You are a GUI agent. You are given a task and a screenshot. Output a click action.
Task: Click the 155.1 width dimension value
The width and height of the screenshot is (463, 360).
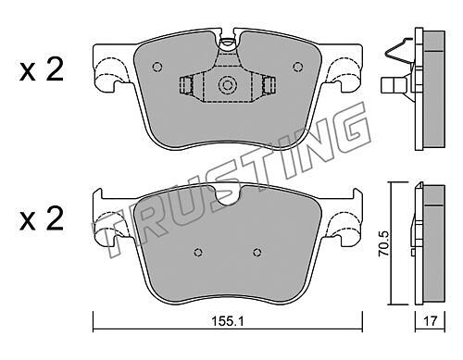click(x=228, y=321)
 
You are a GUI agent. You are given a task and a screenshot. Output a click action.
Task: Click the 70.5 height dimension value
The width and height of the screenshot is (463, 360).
click(x=384, y=244)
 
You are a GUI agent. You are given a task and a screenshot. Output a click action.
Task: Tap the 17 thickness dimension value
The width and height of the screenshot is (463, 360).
click(x=430, y=321)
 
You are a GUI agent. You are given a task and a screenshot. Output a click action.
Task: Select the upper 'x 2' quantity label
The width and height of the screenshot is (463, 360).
click(x=42, y=69)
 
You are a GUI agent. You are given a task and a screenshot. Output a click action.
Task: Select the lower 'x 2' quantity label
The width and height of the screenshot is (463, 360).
click(x=42, y=218)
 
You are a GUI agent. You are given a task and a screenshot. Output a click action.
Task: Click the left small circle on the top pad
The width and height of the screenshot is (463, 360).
click(x=157, y=67)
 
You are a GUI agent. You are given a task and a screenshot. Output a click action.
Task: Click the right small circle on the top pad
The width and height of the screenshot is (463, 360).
click(x=297, y=67)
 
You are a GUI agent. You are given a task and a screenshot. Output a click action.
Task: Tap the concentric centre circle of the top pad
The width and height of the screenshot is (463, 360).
click(x=227, y=85)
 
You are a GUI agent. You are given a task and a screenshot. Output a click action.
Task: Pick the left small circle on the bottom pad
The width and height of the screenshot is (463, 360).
click(x=198, y=253)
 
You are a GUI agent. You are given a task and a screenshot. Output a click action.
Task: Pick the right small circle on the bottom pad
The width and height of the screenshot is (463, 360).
click(x=257, y=253)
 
